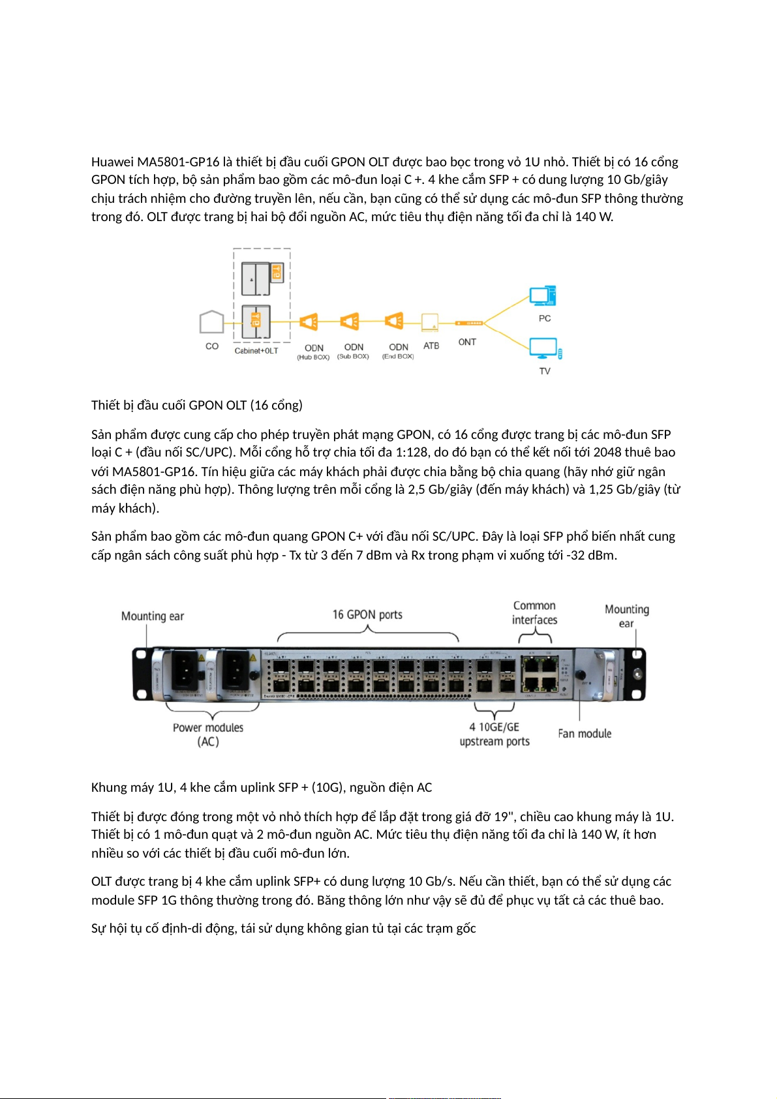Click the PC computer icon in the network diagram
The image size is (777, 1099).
tap(542, 296)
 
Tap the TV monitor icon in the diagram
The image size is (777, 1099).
tap(543, 348)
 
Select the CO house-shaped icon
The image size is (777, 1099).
tap(211, 322)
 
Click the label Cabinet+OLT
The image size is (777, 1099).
tap(256, 351)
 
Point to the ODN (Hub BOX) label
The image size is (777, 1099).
tap(314, 352)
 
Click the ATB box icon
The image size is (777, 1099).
tap(430, 322)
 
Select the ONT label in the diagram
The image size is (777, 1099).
tap(467, 342)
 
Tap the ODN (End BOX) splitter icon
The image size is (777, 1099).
tap(394, 321)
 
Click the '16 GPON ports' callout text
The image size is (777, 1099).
tap(367, 614)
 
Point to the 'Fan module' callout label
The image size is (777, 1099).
tap(585, 733)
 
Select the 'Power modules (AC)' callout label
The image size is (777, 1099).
tap(208, 734)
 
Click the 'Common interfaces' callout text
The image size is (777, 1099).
tap(534, 612)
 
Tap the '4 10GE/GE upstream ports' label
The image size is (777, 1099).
tap(495, 734)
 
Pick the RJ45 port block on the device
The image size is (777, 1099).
tap(540, 674)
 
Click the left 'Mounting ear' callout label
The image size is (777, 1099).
tap(153, 616)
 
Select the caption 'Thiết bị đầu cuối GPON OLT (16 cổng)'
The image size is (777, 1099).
tap(197, 405)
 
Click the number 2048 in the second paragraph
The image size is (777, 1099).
tap(607, 452)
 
